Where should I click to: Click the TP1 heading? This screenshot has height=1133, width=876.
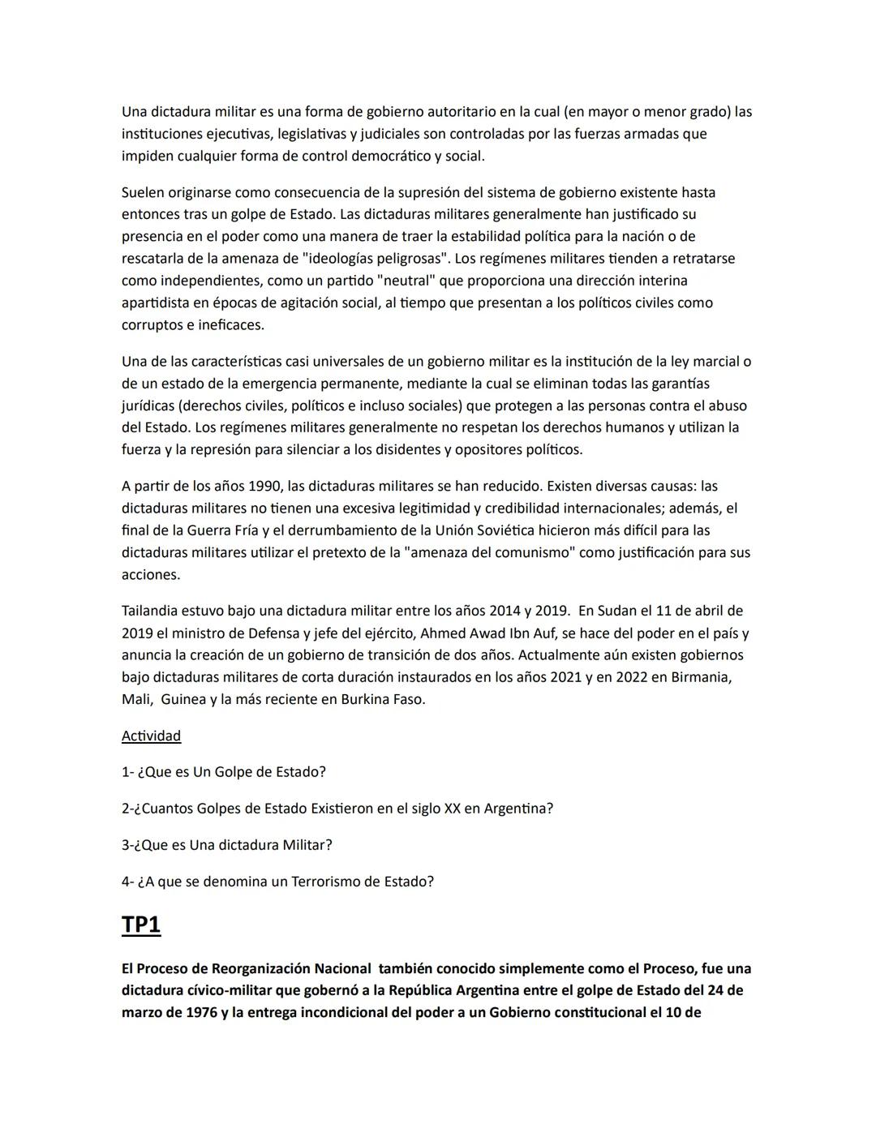[141, 925]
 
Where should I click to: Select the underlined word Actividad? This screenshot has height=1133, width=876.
[151, 736]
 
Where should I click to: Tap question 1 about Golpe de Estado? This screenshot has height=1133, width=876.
[223, 772]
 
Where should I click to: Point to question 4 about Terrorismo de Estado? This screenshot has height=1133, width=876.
[277, 881]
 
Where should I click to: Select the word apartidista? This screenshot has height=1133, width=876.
[159, 303]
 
